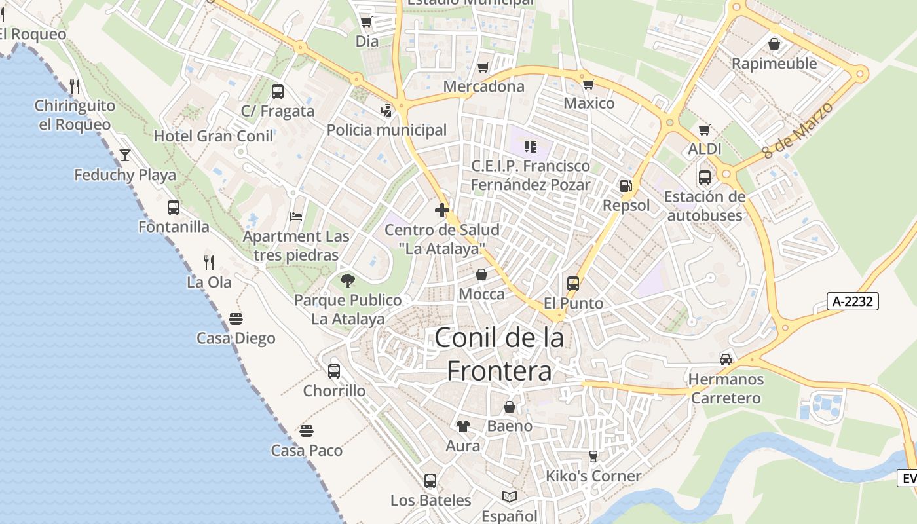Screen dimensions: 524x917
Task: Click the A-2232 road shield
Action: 851,301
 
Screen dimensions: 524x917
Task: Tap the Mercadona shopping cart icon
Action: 483,67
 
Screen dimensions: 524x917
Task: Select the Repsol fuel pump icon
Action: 626,186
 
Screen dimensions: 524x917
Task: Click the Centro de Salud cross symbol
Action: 442,210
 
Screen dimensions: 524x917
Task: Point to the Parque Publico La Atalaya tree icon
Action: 348,281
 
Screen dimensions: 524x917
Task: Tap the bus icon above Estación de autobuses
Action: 705,177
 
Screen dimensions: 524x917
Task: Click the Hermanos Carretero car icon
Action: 726,359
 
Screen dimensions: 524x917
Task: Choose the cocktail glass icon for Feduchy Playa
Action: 125,155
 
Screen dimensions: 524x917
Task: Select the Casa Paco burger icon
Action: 307,430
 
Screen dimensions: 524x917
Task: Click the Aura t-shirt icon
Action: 463,426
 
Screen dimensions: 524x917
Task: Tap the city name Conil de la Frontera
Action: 499,354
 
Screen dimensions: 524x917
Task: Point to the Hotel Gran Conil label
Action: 214,136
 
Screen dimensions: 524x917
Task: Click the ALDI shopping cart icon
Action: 705,130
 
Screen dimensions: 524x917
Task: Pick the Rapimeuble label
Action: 774,64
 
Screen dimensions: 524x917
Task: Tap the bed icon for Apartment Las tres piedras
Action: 296,217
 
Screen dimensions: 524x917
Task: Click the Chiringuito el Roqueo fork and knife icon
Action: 75,86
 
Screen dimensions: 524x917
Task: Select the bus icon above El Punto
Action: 573,284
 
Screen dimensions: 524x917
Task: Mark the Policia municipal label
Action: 386,130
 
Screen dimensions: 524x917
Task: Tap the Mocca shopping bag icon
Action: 481,274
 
